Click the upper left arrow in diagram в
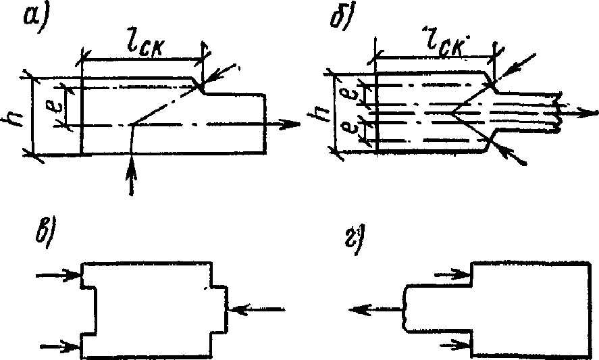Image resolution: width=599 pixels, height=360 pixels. pyautogui.click(x=58, y=275)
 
